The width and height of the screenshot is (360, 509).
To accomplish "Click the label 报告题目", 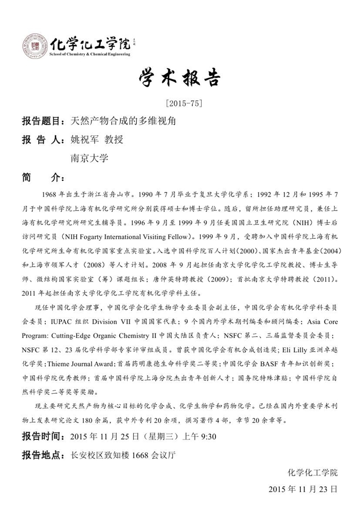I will (43, 121).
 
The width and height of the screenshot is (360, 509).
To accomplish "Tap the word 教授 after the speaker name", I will (114, 139).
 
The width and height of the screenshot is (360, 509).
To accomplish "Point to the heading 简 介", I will (43, 178).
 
